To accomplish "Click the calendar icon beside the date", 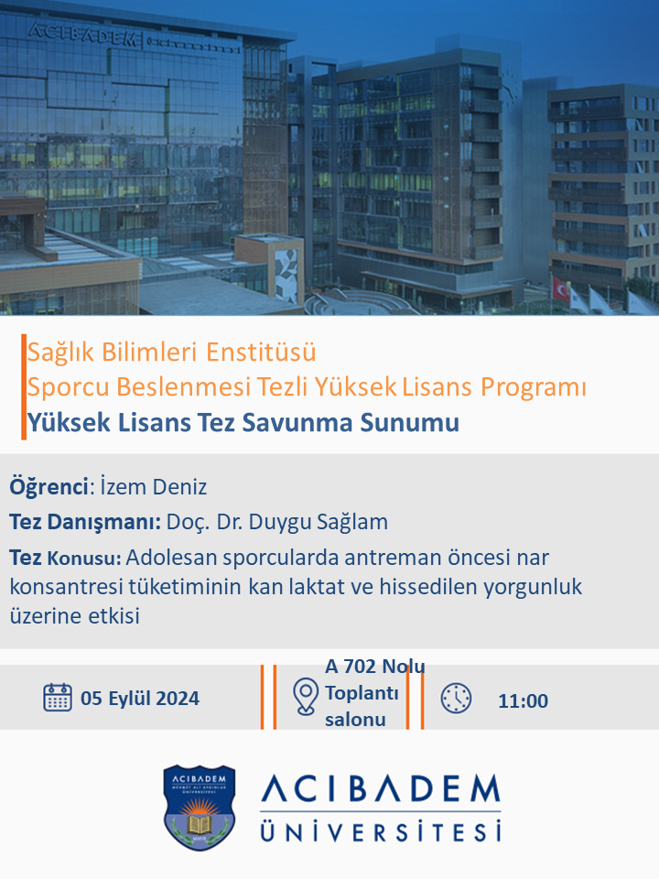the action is tap(58, 698).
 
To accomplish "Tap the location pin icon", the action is tap(306, 697).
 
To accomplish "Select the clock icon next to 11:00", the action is tap(456, 699).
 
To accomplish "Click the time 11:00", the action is tap(523, 700).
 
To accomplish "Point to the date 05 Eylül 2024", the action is tap(140, 699).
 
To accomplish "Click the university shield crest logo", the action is tap(199, 808).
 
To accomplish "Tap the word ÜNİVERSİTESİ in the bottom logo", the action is tap(381, 831).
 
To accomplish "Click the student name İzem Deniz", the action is tap(154, 486).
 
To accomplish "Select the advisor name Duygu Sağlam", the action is tap(319, 522).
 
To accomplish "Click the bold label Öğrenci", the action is tap(49, 486).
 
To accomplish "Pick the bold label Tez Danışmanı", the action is tap(85, 522).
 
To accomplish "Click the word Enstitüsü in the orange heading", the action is tap(261, 352).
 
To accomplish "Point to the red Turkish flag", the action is tap(560, 288).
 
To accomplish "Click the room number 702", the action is tap(359, 667).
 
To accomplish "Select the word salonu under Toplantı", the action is tap(355, 720).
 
